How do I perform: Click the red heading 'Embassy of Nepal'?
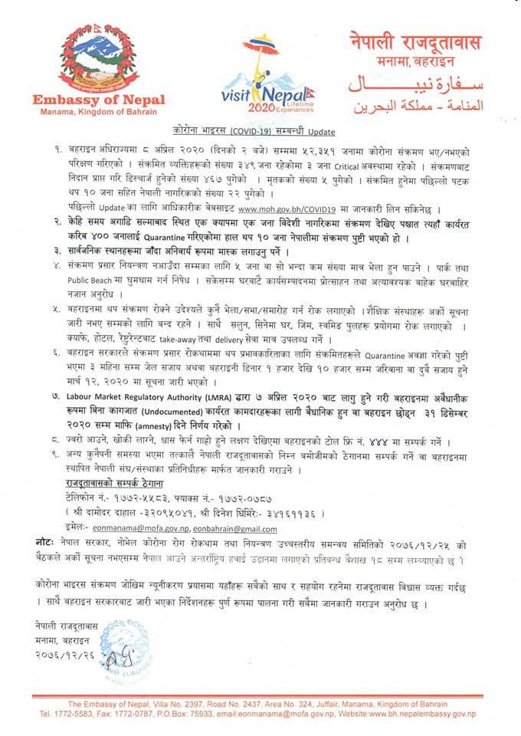(x=96, y=100)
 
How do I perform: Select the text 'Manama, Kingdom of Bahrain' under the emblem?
(x=96, y=113)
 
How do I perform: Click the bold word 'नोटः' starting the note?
(x=44, y=540)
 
